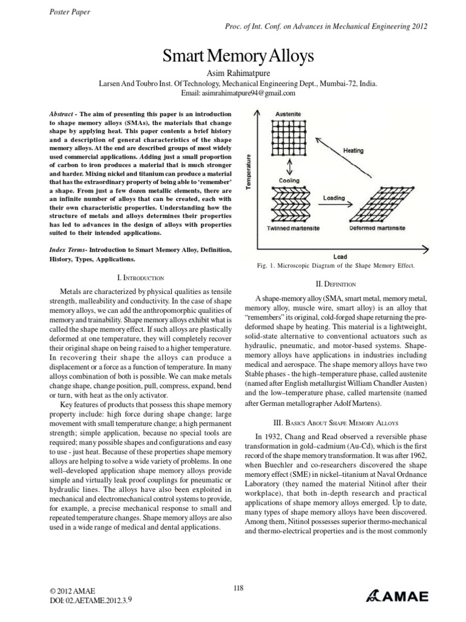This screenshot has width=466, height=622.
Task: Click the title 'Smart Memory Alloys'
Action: (x=237, y=57)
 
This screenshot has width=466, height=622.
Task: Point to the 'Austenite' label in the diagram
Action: (x=289, y=114)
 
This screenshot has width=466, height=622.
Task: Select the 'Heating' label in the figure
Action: (x=353, y=149)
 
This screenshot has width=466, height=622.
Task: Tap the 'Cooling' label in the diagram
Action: (x=289, y=180)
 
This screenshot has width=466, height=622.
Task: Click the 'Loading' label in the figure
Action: (x=334, y=197)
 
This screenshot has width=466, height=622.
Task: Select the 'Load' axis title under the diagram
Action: (x=340, y=256)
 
